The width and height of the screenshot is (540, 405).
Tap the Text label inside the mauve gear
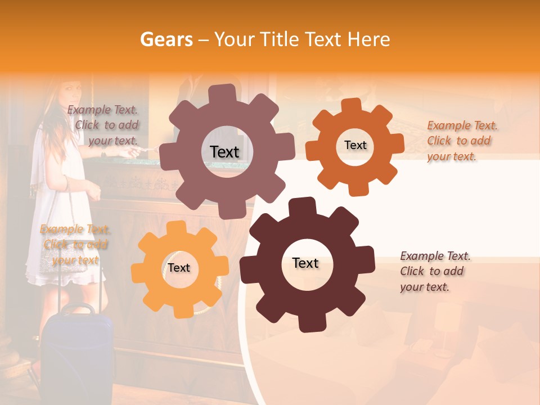224,152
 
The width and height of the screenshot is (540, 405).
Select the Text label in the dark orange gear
355,145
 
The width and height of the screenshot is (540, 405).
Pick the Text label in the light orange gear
179,268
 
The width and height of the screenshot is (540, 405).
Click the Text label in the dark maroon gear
305,263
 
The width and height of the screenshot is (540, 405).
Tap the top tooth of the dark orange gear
352,105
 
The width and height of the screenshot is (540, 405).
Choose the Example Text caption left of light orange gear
75,245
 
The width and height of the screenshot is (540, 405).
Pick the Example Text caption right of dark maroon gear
434,271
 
